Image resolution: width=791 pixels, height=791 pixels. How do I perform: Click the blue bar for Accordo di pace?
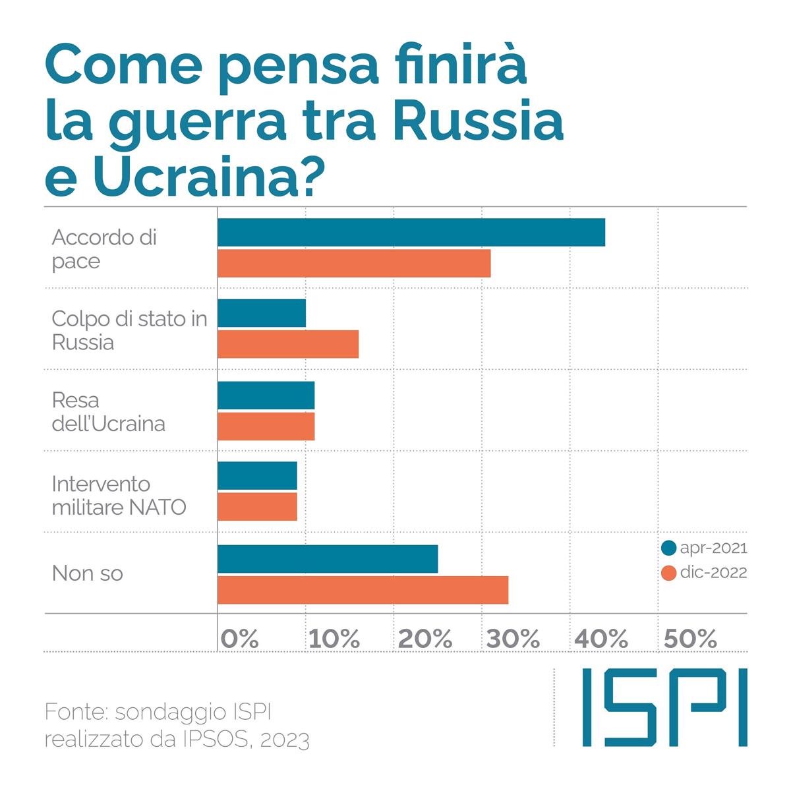[411, 232]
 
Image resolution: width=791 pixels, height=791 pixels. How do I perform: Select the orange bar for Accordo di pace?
[354, 263]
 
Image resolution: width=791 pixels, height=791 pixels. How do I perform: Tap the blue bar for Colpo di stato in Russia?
[262, 313]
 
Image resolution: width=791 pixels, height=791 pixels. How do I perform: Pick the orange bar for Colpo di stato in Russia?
[288, 344]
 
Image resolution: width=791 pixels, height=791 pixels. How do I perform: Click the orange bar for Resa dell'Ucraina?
[266, 426]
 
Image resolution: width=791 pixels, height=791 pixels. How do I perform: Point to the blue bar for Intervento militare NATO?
[257, 476]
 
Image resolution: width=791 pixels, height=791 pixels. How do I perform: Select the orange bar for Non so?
[363, 589]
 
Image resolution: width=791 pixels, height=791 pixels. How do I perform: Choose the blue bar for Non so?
[328, 559]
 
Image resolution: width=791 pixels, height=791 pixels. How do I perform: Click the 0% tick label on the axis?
[240, 638]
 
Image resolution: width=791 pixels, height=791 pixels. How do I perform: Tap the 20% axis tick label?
[425, 638]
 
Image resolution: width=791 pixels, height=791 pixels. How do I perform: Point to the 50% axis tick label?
[689, 638]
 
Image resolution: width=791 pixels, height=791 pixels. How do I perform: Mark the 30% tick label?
[513, 638]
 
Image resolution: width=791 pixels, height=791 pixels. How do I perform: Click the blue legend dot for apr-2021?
[669, 548]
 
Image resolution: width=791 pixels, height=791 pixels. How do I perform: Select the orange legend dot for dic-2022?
[669, 572]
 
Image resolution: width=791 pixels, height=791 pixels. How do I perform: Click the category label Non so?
[88, 573]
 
